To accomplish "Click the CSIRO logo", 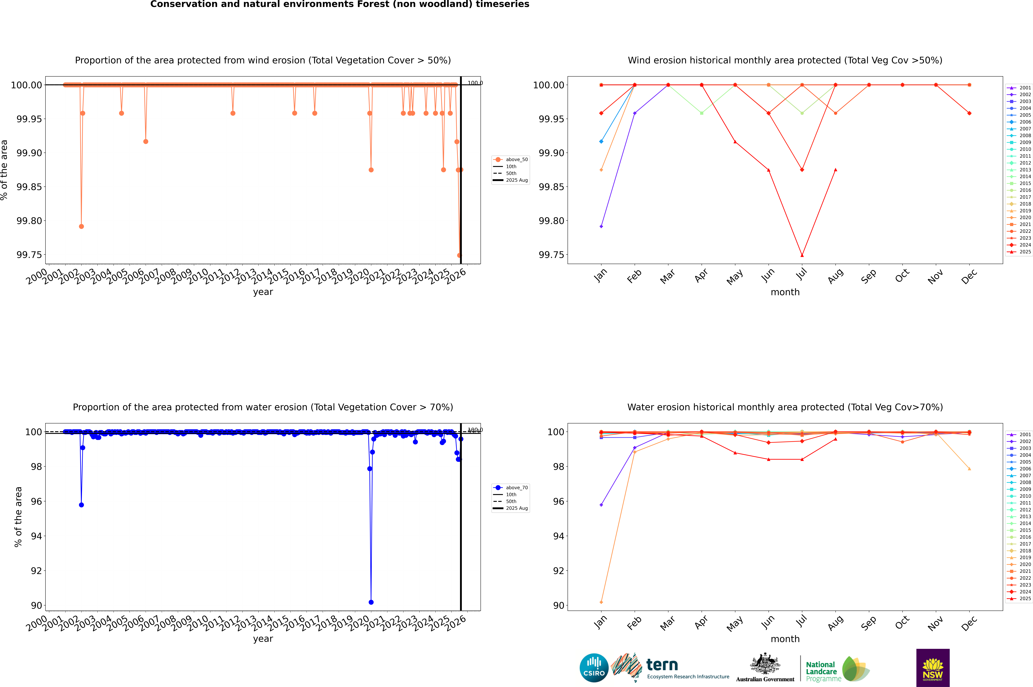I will (594, 668).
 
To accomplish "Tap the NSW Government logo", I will (933, 668).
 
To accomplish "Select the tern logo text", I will (662, 665).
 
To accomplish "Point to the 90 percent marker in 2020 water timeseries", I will (371, 602).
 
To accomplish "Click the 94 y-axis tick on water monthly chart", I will (558, 536).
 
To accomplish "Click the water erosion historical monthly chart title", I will (785, 407).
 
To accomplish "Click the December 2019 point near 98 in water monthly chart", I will (969, 469).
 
